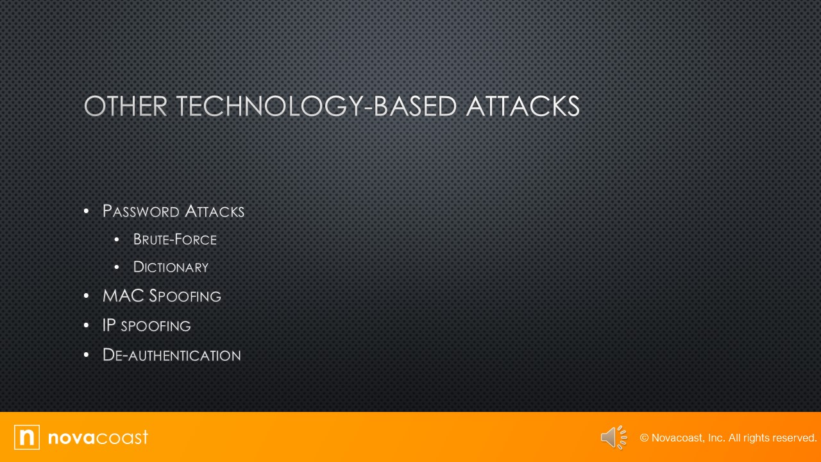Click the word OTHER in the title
point(125,107)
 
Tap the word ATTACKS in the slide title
point(523,107)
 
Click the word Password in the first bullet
point(140,211)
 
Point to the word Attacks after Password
point(214,211)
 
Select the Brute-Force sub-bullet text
point(174,239)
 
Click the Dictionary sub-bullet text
point(171,267)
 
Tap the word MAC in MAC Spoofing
point(123,296)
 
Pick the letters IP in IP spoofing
point(109,325)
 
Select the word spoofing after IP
point(156,326)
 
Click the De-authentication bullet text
point(171,355)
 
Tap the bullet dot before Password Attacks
point(87,211)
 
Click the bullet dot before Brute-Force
point(117,239)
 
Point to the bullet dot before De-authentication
point(87,355)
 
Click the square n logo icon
point(27,437)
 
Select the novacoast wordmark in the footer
point(98,438)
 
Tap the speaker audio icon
point(614,438)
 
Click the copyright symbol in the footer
point(644,438)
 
